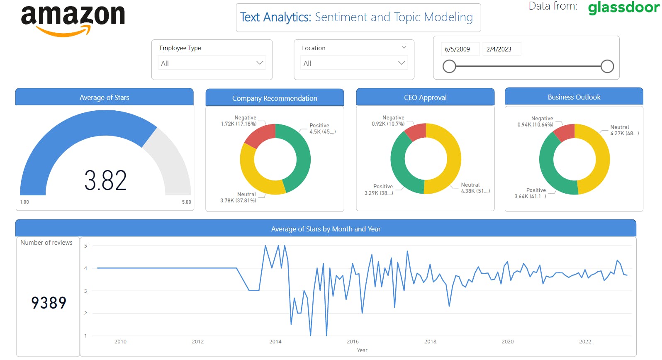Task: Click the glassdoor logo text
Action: tap(623, 7)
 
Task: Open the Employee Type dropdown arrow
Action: tap(260, 63)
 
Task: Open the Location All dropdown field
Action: tap(354, 63)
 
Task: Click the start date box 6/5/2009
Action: tap(458, 49)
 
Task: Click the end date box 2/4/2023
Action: tap(499, 49)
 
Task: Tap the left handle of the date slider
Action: tap(449, 66)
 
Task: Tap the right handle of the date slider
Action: tap(607, 66)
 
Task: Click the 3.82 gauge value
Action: tap(105, 180)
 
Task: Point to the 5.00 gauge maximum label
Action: tap(186, 202)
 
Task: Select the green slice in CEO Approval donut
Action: tap(402, 166)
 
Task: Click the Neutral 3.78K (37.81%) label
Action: tap(239, 197)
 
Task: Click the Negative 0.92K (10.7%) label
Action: tap(388, 121)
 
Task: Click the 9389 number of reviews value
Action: tap(49, 303)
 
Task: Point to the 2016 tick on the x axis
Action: tap(353, 341)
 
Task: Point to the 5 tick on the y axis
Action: tap(85, 246)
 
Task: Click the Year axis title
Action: tap(362, 350)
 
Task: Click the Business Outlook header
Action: tap(574, 97)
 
